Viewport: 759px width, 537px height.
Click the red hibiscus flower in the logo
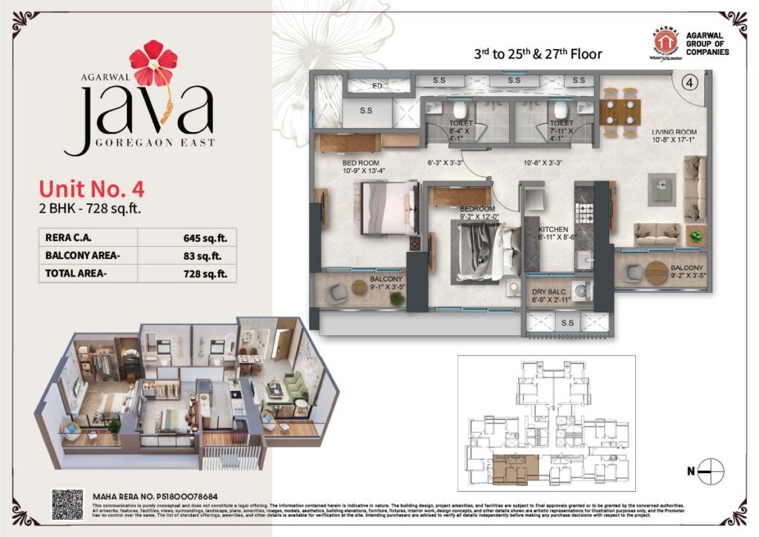pos(153,62)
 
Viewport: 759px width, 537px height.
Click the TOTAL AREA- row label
pos(75,274)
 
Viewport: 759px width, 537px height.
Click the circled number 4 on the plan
pos(689,83)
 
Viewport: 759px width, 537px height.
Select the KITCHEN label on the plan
pos(553,229)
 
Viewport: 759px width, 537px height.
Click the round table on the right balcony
pos(657,272)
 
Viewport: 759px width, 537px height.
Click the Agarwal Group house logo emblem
pos(666,43)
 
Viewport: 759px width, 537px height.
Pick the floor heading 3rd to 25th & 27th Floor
pos(537,54)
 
